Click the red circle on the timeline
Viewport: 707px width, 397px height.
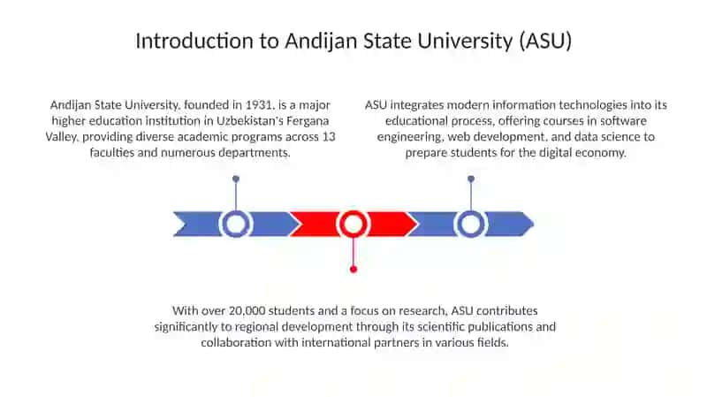tap(353, 213)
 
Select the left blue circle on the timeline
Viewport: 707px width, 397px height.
tap(235, 213)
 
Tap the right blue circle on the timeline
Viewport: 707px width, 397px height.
tap(471, 213)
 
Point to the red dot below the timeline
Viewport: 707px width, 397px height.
tap(353, 270)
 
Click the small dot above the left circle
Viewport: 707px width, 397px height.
tap(236, 179)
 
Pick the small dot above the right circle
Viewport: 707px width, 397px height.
tap(471, 179)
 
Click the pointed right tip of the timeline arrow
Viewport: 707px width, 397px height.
tap(534, 224)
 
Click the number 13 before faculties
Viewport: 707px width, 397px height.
tap(329, 137)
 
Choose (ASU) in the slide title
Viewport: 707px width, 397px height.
tap(545, 41)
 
